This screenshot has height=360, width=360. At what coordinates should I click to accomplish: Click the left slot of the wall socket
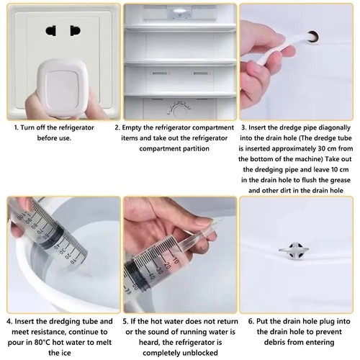tap(51, 31)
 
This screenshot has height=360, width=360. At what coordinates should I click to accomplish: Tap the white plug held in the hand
tap(63, 88)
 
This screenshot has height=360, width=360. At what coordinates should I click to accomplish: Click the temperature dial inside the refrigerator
tap(179, 111)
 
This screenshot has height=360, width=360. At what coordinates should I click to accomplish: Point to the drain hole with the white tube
tap(312, 37)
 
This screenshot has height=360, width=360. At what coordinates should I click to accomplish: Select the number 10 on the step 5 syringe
tap(176, 260)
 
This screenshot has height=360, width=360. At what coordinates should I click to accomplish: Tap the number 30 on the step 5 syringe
tap(159, 270)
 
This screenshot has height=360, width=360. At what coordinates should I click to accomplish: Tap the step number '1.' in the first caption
tap(16, 127)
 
